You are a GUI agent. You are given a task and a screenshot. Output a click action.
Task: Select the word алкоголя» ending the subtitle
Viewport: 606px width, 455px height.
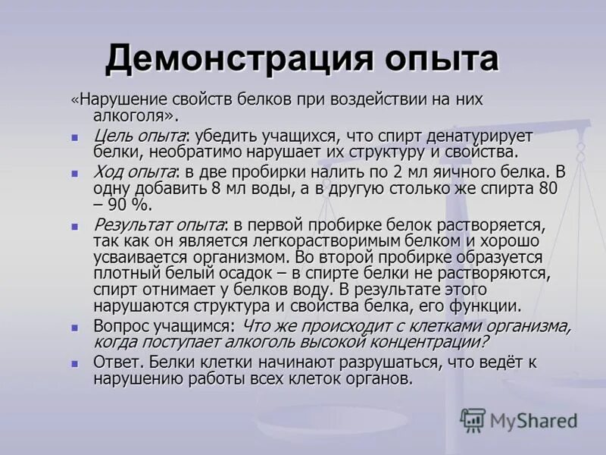[x=135, y=116]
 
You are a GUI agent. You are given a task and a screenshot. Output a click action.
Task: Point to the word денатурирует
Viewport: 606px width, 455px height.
[x=486, y=136]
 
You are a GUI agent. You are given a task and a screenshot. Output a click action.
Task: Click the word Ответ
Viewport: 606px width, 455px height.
[x=117, y=362]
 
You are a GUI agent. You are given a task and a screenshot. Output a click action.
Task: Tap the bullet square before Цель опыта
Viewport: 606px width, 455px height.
[x=75, y=138]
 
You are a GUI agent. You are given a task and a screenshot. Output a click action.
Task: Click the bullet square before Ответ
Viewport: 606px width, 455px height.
[x=75, y=363]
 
